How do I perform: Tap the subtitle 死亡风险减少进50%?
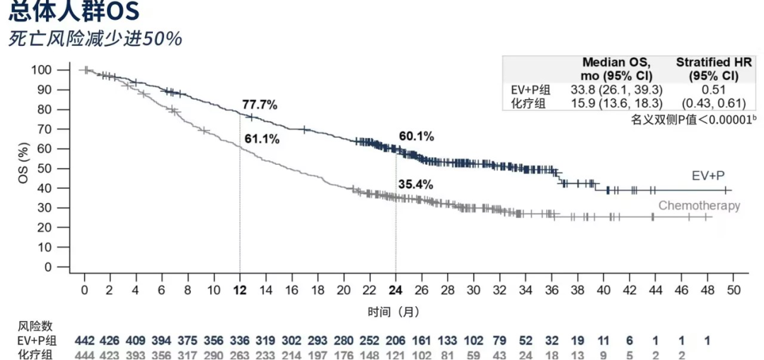95,39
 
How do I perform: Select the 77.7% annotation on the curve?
260,105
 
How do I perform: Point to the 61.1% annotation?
262,139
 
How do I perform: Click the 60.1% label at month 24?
416,136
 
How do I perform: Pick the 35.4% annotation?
416,185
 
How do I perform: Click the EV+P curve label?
707,174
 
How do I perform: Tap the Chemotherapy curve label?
699,206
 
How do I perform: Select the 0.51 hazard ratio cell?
706,90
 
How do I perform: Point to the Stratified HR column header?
706,69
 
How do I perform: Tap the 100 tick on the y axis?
62,70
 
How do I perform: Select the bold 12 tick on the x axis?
240,291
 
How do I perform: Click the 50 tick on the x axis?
733,291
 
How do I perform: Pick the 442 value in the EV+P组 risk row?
84,340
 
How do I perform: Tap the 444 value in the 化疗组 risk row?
84,354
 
